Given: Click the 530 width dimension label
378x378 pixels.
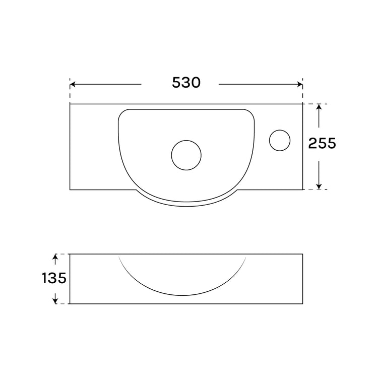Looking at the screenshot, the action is (x=186, y=83).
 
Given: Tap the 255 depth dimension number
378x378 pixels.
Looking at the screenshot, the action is (x=322, y=144).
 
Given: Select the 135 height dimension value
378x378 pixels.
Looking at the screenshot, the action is (x=54, y=278).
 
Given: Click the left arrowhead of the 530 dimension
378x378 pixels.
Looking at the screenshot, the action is (x=72, y=84).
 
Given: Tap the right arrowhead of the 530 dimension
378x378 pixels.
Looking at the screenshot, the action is (x=300, y=84).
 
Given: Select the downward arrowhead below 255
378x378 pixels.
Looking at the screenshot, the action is (x=319, y=186).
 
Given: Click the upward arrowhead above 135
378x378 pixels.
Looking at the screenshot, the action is (x=55, y=257).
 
